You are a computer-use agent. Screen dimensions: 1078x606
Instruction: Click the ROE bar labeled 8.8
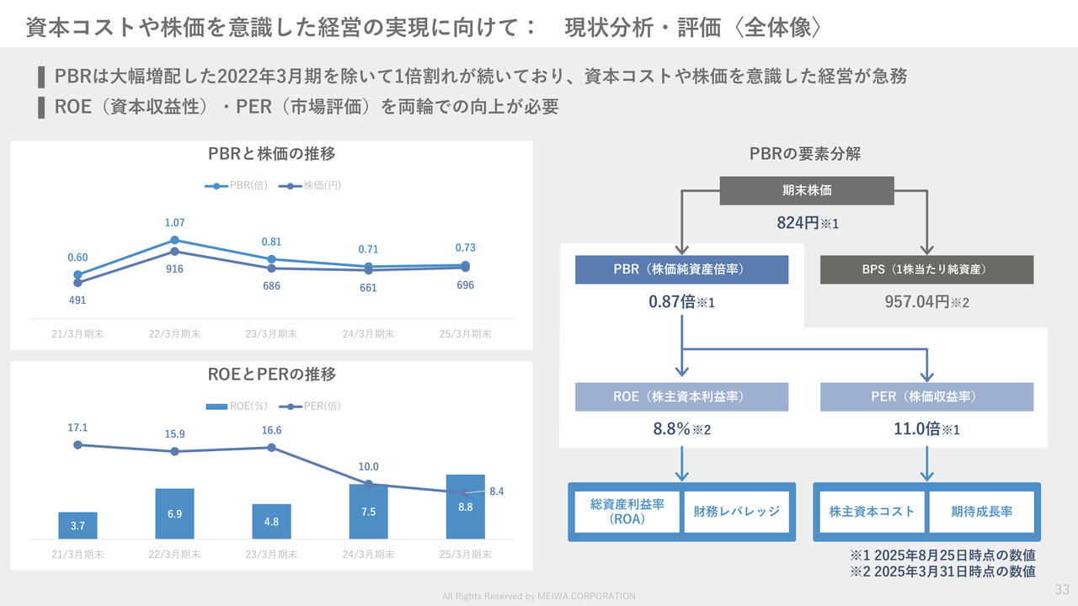tap(466, 507)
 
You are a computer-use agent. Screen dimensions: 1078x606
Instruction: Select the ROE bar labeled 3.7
tap(78, 525)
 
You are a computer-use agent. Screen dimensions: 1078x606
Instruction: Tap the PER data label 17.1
tap(77, 428)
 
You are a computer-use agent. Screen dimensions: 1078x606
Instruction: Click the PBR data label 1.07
tap(174, 223)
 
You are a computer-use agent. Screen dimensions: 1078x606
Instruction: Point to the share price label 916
tap(174, 268)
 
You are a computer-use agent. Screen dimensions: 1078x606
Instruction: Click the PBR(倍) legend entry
tap(237, 186)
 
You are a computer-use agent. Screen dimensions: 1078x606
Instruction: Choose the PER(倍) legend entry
tap(310, 406)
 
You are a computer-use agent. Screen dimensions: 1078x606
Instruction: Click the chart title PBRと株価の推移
tap(271, 154)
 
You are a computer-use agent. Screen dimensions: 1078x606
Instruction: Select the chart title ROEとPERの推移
tap(271, 375)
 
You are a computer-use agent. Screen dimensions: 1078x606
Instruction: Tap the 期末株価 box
tap(807, 190)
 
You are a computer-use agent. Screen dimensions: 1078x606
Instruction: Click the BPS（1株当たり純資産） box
tap(927, 269)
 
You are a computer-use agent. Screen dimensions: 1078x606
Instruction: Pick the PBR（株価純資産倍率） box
tap(682, 269)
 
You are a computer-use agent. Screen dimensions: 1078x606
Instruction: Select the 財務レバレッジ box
tap(736, 512)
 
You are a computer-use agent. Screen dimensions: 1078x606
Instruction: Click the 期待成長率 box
tap(982, 512)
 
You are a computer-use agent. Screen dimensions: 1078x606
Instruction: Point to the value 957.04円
tap(917, 302)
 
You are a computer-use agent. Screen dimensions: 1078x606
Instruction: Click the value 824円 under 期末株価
tap(798, 223)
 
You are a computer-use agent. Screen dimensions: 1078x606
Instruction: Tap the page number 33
tap(1062, 589)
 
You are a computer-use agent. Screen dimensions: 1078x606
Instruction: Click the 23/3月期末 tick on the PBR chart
tap(271, 334)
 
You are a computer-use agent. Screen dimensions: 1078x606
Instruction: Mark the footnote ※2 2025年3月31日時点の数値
tap(942, 571)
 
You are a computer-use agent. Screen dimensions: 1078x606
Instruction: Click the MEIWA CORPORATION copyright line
tap(539, 597)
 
